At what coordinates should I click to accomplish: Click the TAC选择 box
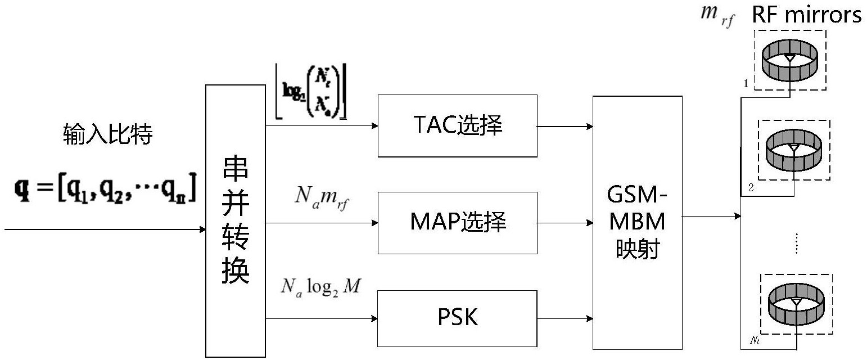458,126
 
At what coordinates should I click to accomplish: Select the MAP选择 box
458,223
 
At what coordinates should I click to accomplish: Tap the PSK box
458,318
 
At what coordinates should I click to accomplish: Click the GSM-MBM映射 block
637,223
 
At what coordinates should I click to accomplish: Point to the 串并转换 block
235,221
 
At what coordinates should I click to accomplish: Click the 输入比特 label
107,136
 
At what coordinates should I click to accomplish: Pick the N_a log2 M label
321,287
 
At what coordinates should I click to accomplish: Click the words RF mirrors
807,15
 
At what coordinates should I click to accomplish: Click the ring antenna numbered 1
790,60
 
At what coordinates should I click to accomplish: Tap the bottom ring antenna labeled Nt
796,304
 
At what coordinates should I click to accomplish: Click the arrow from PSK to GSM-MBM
565,318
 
